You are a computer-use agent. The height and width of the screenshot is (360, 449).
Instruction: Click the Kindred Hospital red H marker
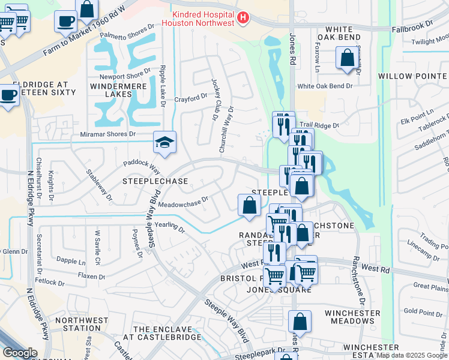click(x=243, y=19)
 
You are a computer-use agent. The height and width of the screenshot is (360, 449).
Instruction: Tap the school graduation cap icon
click(x=164, y=142)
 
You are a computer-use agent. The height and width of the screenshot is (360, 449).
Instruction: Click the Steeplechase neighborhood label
click(x=155, y=181)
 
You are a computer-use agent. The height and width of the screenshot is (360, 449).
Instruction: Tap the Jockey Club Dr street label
click(x=215, y=99)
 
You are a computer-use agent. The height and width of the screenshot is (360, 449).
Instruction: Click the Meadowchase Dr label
click(x=183, y=202)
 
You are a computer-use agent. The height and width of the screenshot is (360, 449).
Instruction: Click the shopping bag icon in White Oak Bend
click(x=348, y=59)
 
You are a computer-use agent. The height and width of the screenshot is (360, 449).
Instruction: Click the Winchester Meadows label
click(x=352, y=317)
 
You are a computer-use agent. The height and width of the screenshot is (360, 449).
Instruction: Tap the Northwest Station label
click(x=77, y=324)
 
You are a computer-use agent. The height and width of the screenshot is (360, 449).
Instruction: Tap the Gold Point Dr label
click(x=423, y=311)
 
